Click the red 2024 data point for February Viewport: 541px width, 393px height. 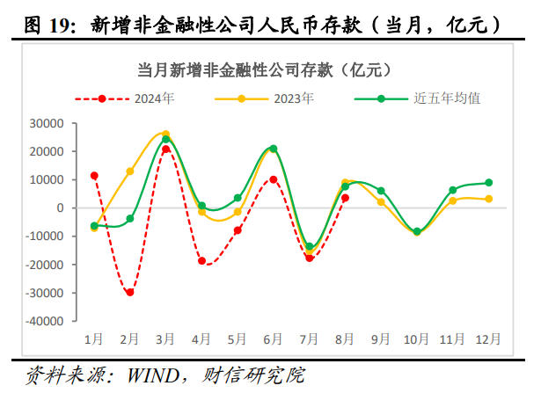pyautogui.click(x=129, y=292)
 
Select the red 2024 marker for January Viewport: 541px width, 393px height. pyautogui.click(x=94, y=176)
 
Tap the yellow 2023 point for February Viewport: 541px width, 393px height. pyautogui.click(x=129, y=171)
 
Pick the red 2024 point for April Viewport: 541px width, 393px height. pyautogui.click(x=201, y=261)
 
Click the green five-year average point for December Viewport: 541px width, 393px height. pyautogui.click(x=488, y=183)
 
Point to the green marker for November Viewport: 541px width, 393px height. pyautogui.click(x=452, y=190)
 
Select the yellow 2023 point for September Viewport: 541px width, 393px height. pyautogui.click(x=381, y=202)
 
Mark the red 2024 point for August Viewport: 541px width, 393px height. pyautogui.click(x=345, y=198)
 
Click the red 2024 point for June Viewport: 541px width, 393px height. pyautogui.click(x=274, y=179)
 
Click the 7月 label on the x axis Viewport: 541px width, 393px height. pyautogui.click(x=310, y=338)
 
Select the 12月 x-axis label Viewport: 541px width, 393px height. pyautogui.click(x=488, y=338)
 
